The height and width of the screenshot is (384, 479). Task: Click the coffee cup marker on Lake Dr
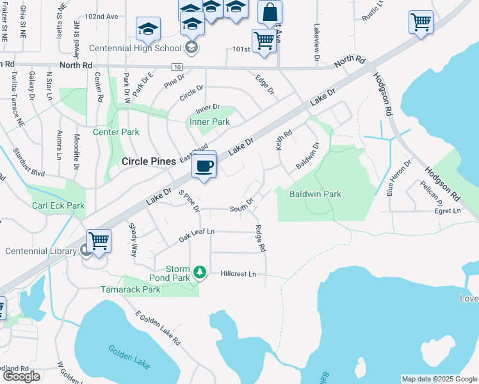pyautogui.click(x=204, y=165)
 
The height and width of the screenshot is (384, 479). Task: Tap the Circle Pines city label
pyautogui.click(x=149, y=162)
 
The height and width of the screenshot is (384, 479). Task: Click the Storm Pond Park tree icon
pyautogui.click(x=200, y=273)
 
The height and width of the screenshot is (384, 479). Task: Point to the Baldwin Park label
pyautogui.click(x=315, y=194)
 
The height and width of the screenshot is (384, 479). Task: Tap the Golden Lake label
pyautogui.click(x=129, y=357)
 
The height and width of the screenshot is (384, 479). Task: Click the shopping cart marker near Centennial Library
pyautogui.click(x=99, y=242)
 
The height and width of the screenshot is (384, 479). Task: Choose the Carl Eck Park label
pyautogui.click(x=58, y=206)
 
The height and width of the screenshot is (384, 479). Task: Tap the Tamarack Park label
pyautogui.click(x=130, y=289)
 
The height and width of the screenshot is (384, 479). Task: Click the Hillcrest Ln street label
pyautogui.click(x=238, y=274)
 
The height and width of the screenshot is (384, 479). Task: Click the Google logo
pyautogui.click(x=21, y=376)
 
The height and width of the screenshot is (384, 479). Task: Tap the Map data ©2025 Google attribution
pyautogui.click(x=439, y=379)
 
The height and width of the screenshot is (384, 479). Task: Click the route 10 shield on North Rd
pyautogui.click(x=177, y=67)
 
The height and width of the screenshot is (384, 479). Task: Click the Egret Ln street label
pyautogui.click(x=448, y=211)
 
